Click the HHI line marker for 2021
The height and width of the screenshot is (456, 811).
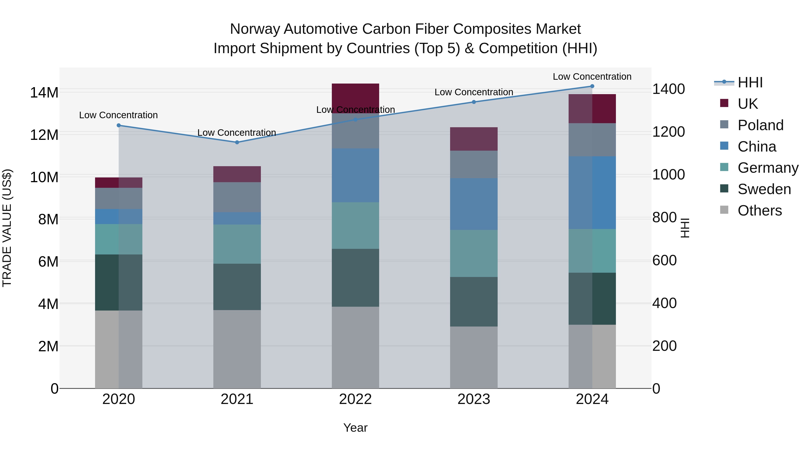237,142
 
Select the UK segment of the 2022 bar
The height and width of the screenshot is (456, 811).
355,94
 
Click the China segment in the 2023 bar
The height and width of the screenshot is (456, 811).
474,204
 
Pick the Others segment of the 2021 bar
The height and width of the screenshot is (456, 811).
237,349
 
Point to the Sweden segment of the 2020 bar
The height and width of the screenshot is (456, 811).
119,282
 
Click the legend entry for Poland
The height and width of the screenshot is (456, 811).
760,125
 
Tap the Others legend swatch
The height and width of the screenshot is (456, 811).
724,210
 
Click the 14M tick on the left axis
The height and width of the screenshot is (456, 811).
44,93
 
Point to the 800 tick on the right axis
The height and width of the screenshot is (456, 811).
664,218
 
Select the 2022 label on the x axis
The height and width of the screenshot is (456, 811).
355,399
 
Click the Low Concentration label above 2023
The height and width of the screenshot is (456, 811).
474,92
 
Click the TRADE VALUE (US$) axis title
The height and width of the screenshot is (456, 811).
7,228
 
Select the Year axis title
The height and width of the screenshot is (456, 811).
355,428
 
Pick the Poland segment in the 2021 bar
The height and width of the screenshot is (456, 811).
237,197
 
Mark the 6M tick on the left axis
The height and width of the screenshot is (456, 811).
48,261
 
